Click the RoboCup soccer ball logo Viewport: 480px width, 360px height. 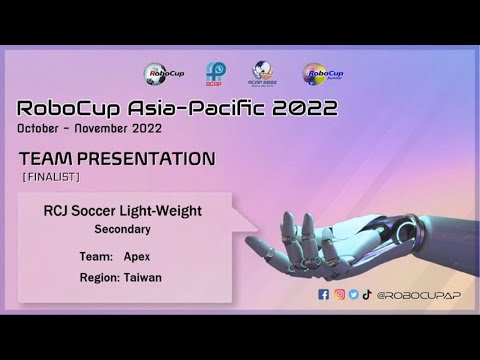pyautogui.click(x=162, y=73)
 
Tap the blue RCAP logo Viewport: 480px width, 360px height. pyautogui.click(x=214, y=73)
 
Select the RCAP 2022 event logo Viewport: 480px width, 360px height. pyautogui.click(x=264, y=73)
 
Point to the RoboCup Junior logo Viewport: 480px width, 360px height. pyautogui.click(x=319, y=73)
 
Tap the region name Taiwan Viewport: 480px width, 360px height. pyautogui.click(x=142, y=277)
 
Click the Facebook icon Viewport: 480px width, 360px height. pyautogui.click(x=323, y=295)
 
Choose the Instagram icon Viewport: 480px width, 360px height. pyautogui.click(x=339, y=295)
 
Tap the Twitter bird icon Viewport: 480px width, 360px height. pyautogui.click(x=353, y=295)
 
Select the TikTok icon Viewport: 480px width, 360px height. pyautogui.click(x=367, y=295)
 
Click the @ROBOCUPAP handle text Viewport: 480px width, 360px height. pyautogui.click(x=411, y=295)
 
